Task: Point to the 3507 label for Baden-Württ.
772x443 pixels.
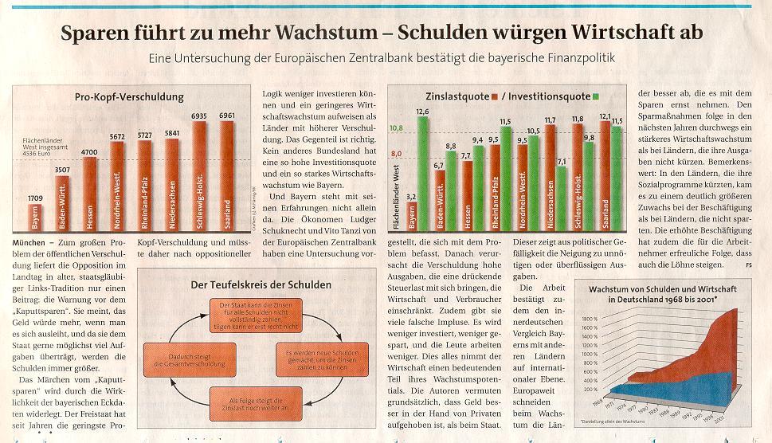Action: (62, 170)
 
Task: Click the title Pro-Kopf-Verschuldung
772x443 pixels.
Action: (129, 97)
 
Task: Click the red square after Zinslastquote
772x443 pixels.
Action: (495, 97)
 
